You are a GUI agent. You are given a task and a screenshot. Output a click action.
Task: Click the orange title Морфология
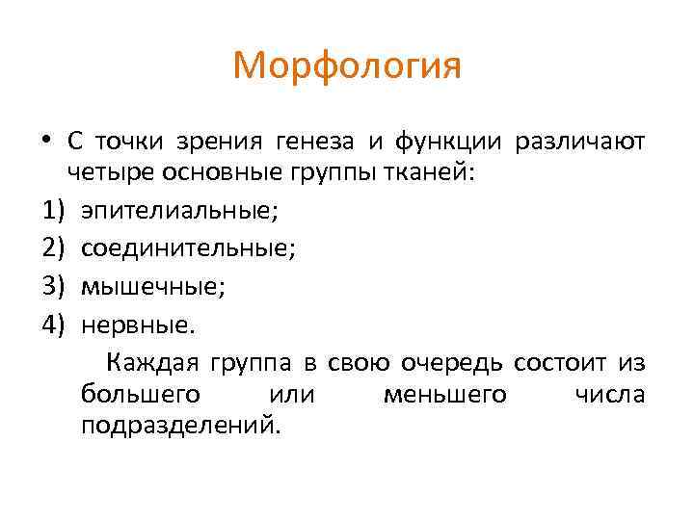[x=347, y=66]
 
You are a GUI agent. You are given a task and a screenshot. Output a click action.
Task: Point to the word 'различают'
[x=580, y=142]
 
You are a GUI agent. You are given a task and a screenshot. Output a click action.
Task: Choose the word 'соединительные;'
[x=188, y=248]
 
